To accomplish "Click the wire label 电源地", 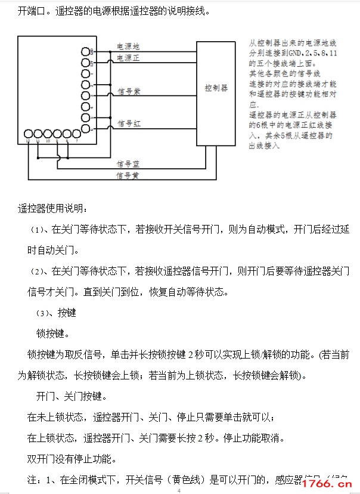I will click(x=128, y=46).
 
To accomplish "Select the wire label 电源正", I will click(x=128, y=58).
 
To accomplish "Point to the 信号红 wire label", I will click(x=129, y=123).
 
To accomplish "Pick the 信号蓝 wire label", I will click(x=128, y=163).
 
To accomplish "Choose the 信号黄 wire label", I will click(x=128, y=175).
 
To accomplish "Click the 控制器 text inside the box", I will click(x=216, y=88).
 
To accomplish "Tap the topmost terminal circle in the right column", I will click(x=85, y=51).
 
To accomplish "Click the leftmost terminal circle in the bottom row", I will click(x=29, y=134).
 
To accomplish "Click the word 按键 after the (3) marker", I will click(x=67, y=313).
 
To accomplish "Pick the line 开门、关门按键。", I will click(x=72, y=396).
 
